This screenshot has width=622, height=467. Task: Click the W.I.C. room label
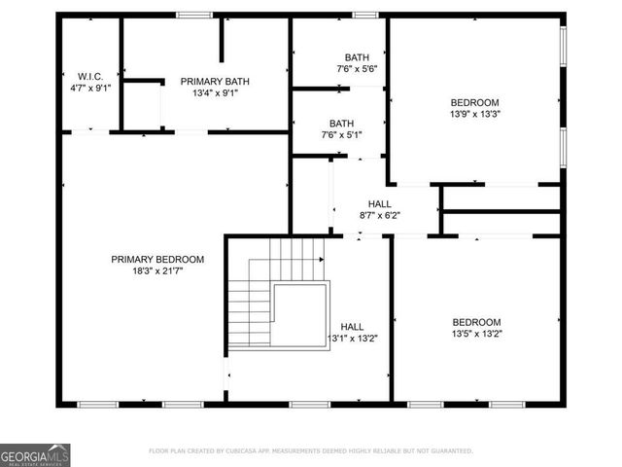tap(90, 76)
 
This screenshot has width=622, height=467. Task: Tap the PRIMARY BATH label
tap(209, 82)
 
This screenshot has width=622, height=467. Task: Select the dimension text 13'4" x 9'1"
tap(209, 93)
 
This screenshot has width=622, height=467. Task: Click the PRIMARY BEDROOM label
tap(157, 259)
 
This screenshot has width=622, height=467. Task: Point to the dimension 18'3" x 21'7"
tap(157, 271)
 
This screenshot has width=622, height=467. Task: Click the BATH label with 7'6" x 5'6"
tap(341, 57)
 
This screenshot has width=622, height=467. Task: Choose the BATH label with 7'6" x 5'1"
tap(341, 124)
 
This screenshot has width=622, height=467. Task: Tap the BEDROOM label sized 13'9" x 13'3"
tap(474, 102)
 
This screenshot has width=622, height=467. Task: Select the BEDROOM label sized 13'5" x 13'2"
tap(476, 322)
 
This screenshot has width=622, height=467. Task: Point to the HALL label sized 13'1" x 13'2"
tap(352, 327)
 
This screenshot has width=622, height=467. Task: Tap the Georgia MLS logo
tap(35, 454)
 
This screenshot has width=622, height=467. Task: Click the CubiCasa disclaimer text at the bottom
tap(311, 450)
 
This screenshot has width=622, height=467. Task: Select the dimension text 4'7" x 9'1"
tap(90, 88)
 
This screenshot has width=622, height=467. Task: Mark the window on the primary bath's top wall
tap(194, 15)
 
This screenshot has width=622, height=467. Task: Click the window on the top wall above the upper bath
tap(364, 15)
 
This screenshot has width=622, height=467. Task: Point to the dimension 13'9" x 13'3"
tap(474, 114)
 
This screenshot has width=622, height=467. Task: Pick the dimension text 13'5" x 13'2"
tap(476, 334)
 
